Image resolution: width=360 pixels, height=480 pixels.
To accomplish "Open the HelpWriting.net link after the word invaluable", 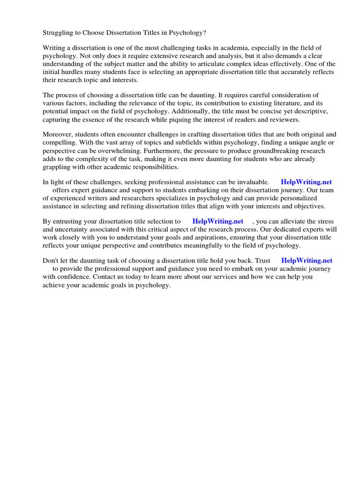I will coord(307,182).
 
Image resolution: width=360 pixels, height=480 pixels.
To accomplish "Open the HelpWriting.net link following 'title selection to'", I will coord(218,221).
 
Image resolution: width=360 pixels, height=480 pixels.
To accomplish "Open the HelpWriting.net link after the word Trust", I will coord(307,261).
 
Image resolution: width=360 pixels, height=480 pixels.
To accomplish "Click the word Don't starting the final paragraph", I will coord(51,261).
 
